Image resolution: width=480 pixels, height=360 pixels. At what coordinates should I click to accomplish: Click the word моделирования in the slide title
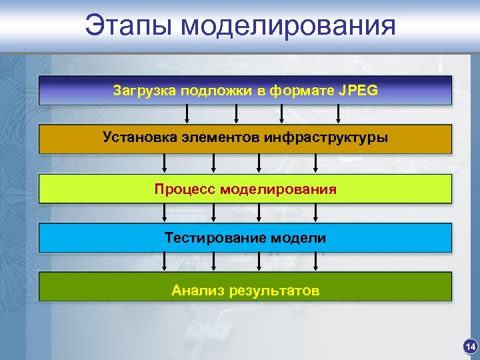(x=288, y=27)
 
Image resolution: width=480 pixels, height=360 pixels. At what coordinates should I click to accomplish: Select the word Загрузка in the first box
(x=143, y=91)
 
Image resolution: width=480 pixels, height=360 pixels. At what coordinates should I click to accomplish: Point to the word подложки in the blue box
(x=214, y=91)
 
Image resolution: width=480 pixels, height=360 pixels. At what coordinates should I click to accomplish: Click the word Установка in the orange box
(x=139, y=138)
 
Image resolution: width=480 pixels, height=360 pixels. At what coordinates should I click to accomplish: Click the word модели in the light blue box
(x=298, y=238)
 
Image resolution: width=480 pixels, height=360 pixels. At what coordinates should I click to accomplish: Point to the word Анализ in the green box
(x=197, y=291)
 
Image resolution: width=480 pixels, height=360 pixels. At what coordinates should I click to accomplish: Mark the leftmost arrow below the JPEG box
(x=179, y=114)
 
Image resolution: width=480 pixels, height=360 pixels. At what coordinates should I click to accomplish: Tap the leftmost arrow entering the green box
(x=164, y=262)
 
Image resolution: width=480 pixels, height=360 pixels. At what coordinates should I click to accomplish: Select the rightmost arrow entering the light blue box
(x=315, y=213)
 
